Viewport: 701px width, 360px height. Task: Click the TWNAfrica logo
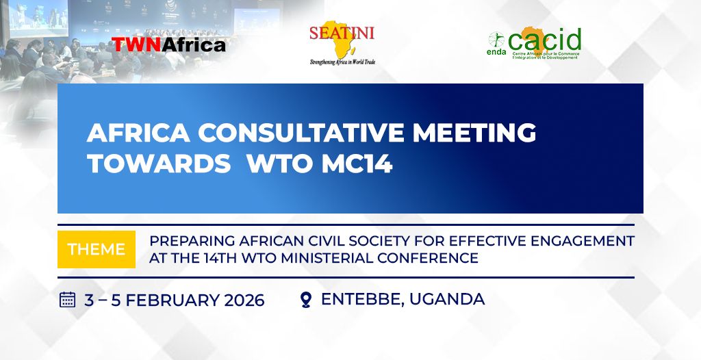(168, 44)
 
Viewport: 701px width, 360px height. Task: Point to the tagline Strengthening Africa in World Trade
(342, 62)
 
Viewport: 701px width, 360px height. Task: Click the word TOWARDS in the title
(159, 164)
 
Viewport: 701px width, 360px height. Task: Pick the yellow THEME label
(97, 249)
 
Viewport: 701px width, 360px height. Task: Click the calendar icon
(68, 299)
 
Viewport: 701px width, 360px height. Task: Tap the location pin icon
(306, 300)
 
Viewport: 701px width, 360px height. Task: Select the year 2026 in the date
(244, 300)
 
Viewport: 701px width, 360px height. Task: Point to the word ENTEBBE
(362, 299)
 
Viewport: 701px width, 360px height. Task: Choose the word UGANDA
(447, 298)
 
